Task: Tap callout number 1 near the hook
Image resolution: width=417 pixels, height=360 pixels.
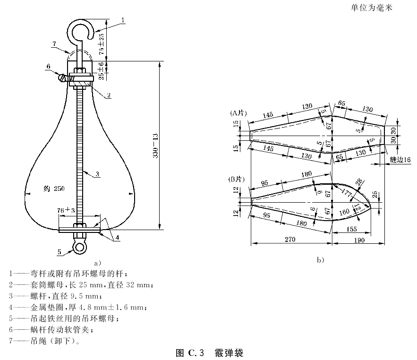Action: pyautogui.click(x=123, y=19)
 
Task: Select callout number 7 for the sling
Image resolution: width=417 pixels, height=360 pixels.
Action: pyautogui.click(x=54, y=43)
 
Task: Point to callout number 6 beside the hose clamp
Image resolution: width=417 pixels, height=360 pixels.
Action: pyautogui.click(x=48, y=67)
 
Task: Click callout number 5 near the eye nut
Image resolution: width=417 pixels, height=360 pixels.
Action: pyautogui.click(x=60, y=252)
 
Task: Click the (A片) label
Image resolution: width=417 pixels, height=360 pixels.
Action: pyautogui.click(x=238, y=113)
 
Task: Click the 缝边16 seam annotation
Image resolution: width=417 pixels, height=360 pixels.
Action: pyautogui.click(x=401, y=160)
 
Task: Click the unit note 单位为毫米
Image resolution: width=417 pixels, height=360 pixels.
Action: pyautogui.click(x=372, y=8)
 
